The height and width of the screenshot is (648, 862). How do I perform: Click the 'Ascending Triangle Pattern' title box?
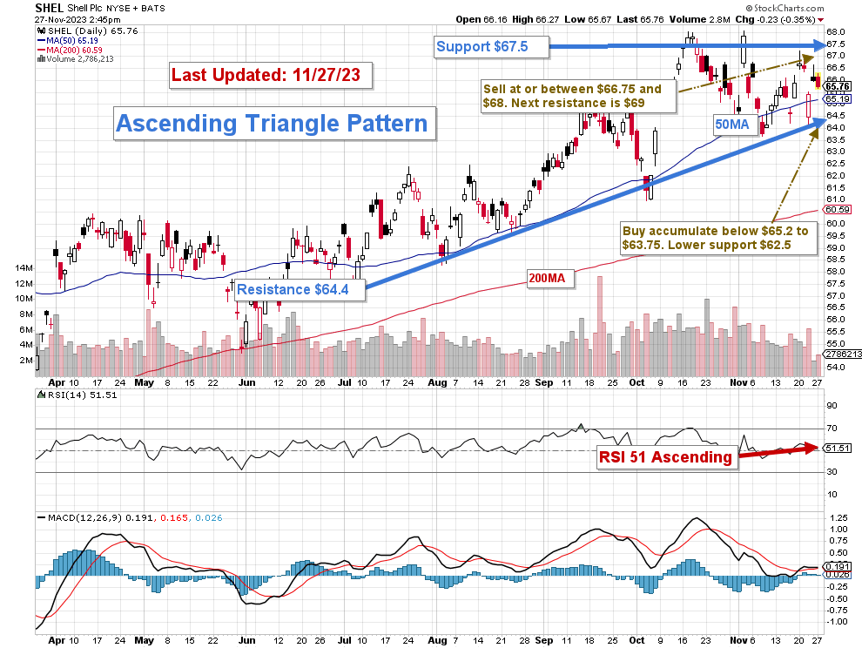272,123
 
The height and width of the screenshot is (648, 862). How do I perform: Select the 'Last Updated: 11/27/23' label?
272,75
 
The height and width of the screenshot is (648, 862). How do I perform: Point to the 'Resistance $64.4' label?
299,289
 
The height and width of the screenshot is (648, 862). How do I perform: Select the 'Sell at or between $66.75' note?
576,96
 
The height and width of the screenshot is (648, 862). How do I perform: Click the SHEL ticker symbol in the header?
50,7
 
